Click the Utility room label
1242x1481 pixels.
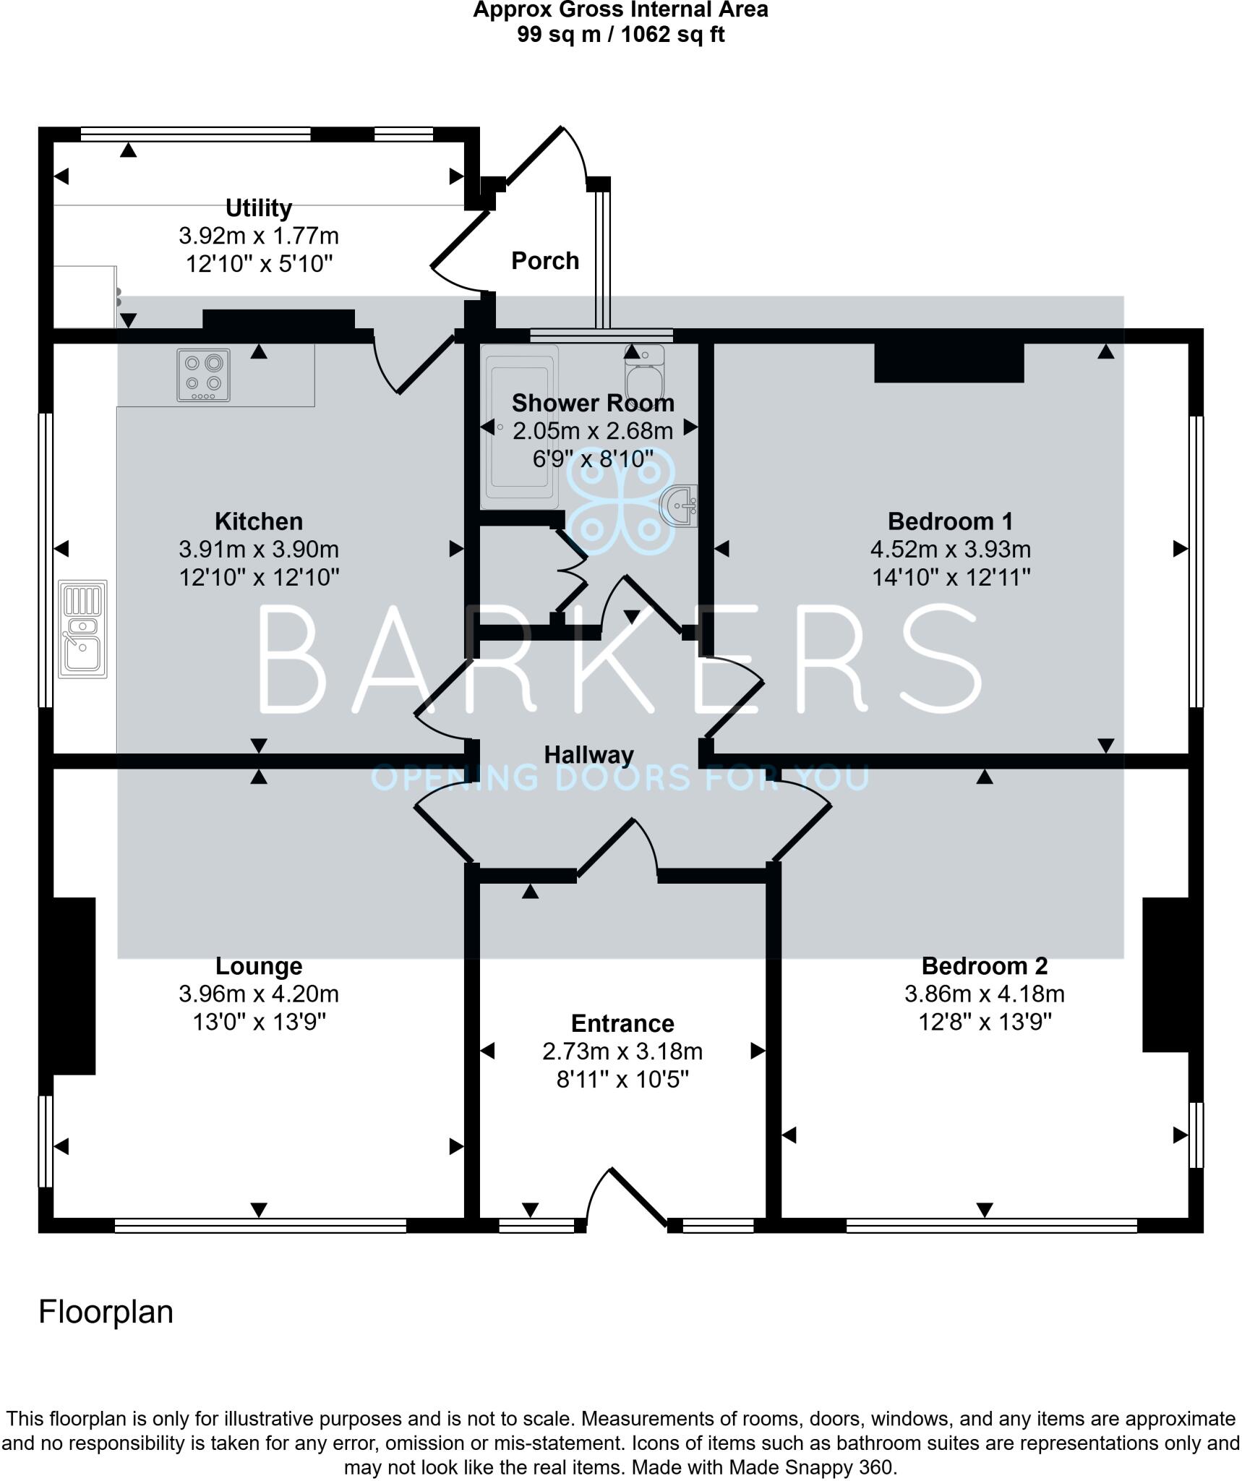(x=258, y=208)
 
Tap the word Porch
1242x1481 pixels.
(x=544, y=260)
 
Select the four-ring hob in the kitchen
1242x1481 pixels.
(x=204, y=375)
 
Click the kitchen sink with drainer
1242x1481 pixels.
(x=83, y=628)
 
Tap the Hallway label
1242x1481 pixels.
(x=588, y=755)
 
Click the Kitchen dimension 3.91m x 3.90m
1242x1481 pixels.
(x=258, y=550)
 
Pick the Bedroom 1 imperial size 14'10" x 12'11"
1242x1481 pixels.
(x=950, y=577)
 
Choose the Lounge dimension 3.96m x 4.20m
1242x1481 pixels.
(x=258, y=994)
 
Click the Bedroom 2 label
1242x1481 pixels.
(x=984, y=966)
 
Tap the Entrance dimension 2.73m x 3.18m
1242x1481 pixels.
(x=622, y=1051)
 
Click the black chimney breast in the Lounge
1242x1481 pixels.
(x=74, y=986)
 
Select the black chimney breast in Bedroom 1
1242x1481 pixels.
(x=948, y=362)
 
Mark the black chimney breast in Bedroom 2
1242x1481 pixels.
(x=1165, y=974)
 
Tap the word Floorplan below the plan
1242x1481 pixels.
(x=106, y=1312)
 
